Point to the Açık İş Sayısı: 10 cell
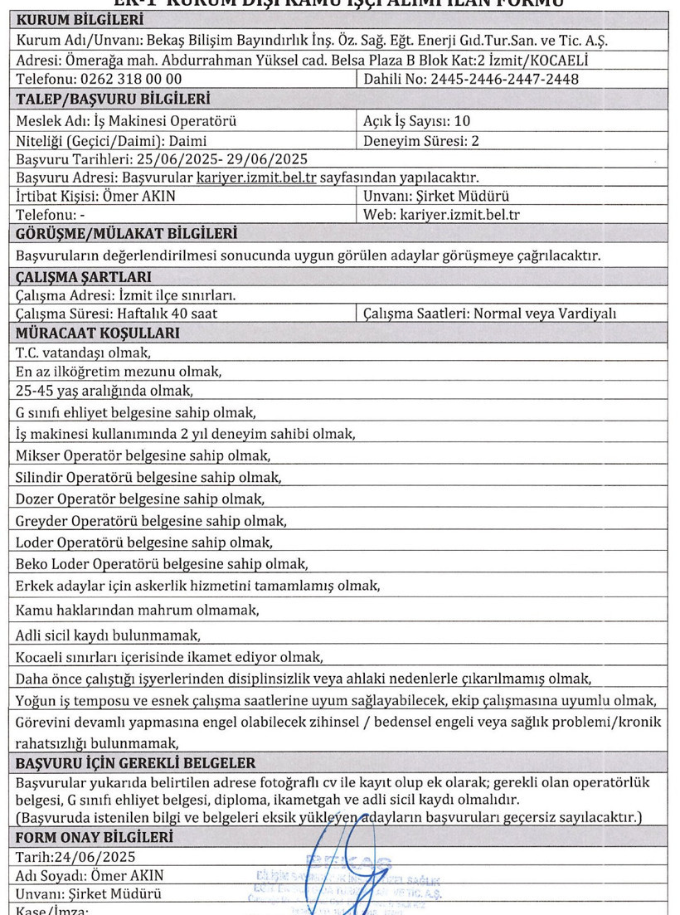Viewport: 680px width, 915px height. click(x=406, y=121)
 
